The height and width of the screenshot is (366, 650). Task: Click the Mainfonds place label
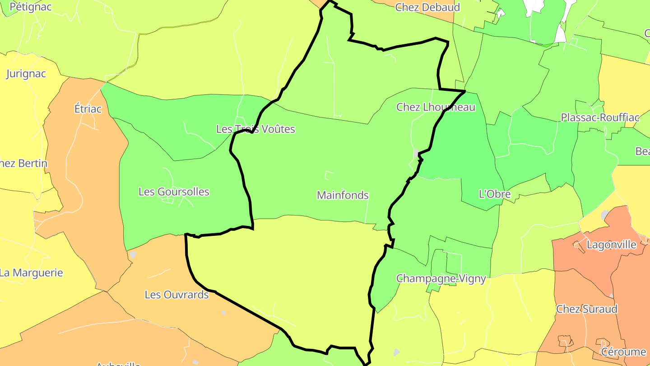coord(343,195)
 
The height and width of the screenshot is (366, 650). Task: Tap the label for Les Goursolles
coord(174,192)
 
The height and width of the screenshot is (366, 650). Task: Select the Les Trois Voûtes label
coord(255,129)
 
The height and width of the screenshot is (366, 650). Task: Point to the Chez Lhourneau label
coord(436,107)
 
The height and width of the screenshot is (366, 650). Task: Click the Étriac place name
coord(88,109)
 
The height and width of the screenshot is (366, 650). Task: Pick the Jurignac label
coord(26,74)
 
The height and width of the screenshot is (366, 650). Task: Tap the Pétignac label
coord(30,7)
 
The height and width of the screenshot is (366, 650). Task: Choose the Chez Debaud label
coord(427,7)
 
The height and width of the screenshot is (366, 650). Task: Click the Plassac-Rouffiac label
coord(600,117)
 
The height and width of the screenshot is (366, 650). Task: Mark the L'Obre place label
coord(495,194)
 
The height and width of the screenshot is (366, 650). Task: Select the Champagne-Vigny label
coord(441,278)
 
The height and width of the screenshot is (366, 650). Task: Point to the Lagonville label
coord(611,245)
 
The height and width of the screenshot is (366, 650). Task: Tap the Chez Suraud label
coord(587,309)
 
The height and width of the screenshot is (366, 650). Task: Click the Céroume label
coord(623,352)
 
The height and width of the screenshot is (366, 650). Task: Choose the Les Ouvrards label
coord(176,295)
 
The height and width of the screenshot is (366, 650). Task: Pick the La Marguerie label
coord(31,273)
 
